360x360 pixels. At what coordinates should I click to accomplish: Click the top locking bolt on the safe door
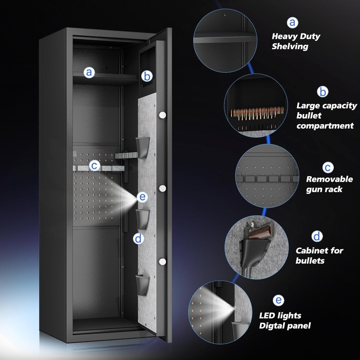coord(162,115)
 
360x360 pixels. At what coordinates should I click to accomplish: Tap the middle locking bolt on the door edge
coord(162,188)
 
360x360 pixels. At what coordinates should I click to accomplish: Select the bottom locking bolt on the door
coord(162,261)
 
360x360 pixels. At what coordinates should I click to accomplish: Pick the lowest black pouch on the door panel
coord(142,285)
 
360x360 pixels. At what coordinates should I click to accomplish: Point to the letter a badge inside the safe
coord(89,73)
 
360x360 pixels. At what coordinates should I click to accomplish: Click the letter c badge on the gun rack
coord(94,165)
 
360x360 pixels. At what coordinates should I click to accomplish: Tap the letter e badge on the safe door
coord(142,197)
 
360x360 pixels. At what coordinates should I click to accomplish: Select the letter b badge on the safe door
coord(147,76)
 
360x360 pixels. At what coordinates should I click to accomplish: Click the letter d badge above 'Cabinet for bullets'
coord(317,236)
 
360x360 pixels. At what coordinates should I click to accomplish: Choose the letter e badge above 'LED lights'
coord(279,300)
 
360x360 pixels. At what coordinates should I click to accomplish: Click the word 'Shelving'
coord(290,46)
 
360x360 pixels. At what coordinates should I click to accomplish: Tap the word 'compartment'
coord(325,126)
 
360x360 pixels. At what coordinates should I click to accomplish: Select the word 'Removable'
coord(329,179)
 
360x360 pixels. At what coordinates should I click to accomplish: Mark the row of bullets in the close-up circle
coord(257,113)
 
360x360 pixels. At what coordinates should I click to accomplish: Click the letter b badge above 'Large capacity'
coord(323,91)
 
